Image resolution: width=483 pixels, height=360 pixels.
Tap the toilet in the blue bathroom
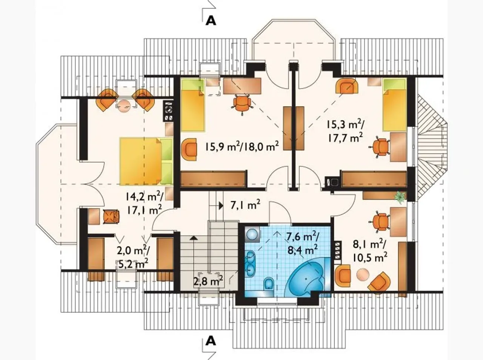pyautogui.click(x=268, y=283)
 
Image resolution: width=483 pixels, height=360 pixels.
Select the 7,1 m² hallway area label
pyautogui.click(x=245, y=205)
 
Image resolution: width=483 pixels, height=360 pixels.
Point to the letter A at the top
pyautogui.click(x=211, y=21)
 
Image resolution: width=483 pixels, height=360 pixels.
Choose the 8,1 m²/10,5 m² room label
pyautogui.click(x=370, y=252)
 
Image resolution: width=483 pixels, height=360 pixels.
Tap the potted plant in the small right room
pyautogui.click(x=400, y=197)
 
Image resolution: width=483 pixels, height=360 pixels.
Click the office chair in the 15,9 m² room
pyautogui.click(x=241, y=104)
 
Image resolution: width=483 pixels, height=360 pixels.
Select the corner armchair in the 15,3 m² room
pyautogui.click(x=347, y=86)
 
